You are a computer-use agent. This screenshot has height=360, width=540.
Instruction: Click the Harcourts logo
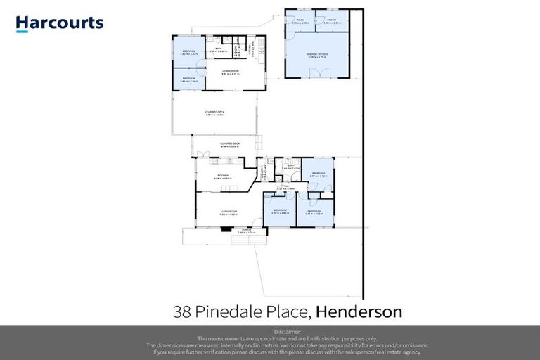click(60, 23)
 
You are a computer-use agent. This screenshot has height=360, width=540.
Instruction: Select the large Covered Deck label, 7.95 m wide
click(214, 112)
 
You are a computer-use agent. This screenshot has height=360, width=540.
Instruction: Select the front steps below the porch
click(240, 238)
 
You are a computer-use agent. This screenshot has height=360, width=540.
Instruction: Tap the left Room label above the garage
click(300, 21)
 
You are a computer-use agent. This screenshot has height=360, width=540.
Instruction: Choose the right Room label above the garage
click(332, 21)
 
